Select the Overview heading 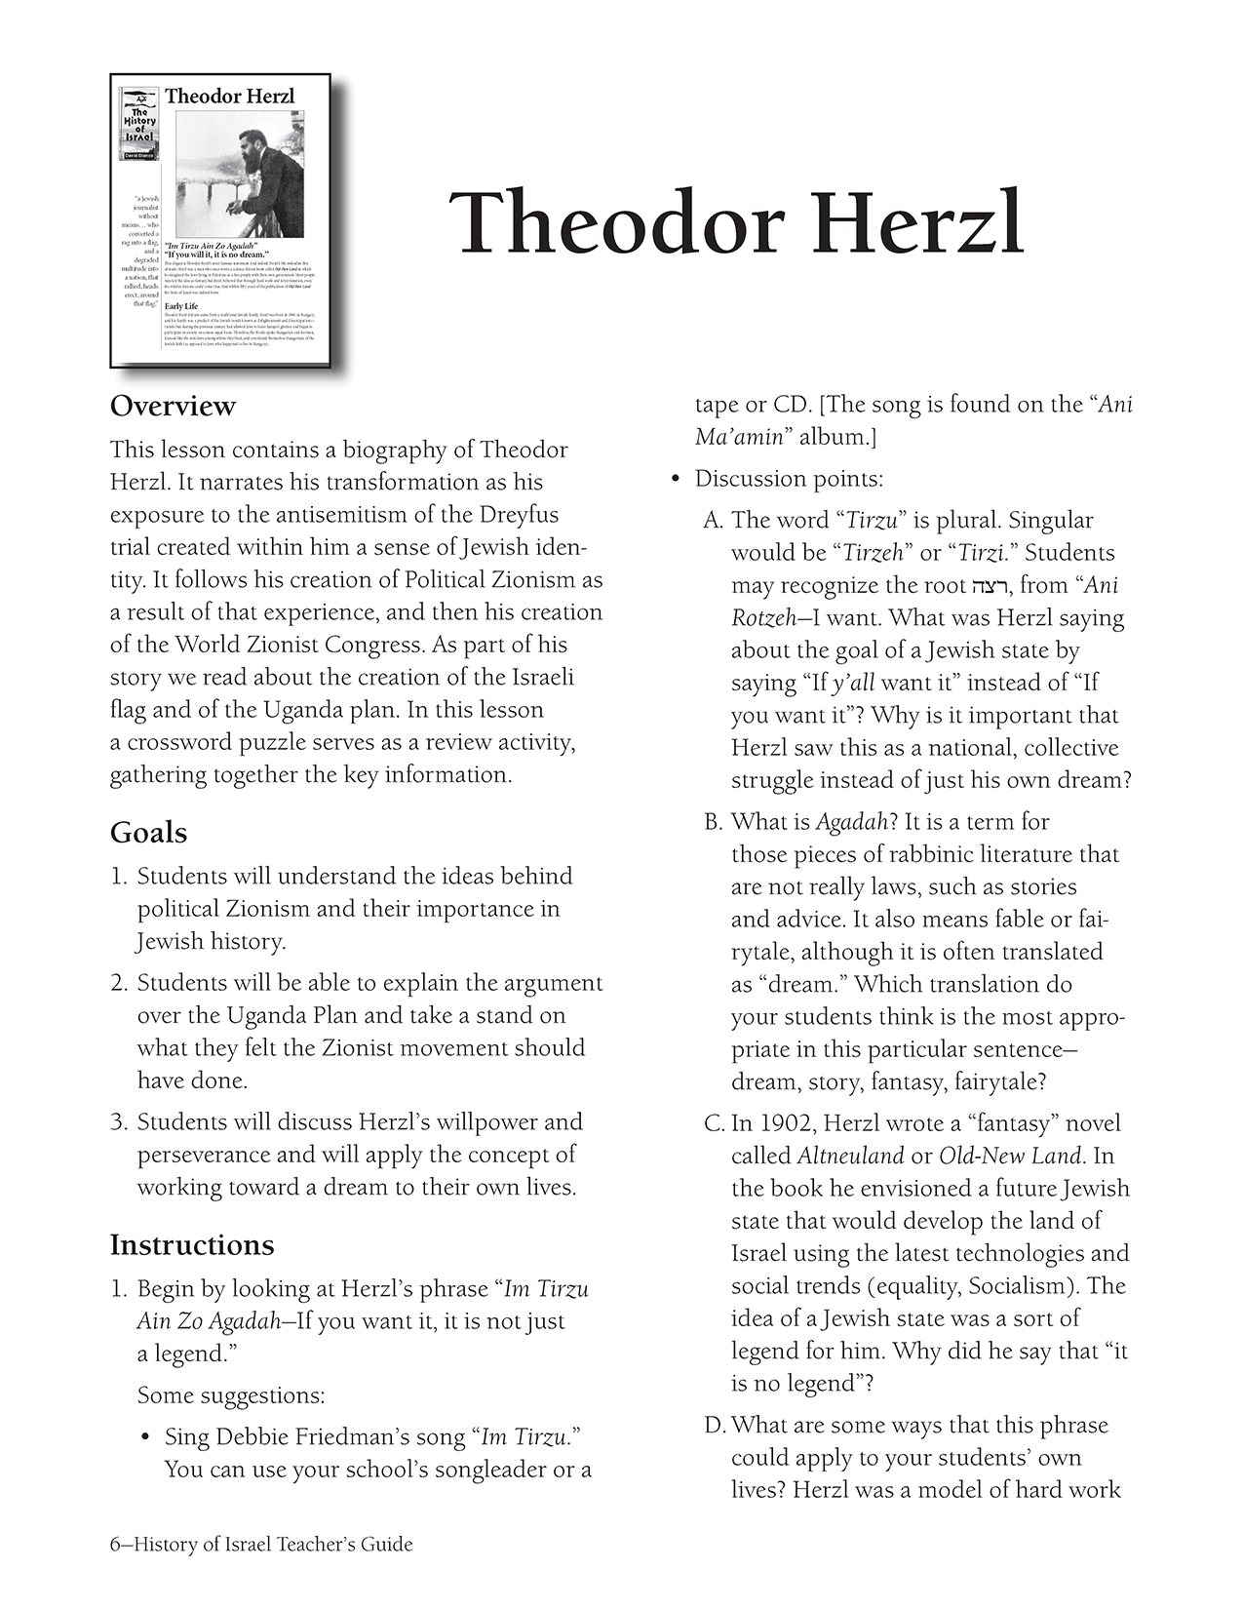pos(173,406)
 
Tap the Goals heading pos(148,832)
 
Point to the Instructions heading pos(192,1244)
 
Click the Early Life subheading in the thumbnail pos(181,306)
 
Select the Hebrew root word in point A pos(991,586)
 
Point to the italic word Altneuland pos(850,1157)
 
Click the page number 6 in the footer pos(115,1545)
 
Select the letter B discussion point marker pos(713,822)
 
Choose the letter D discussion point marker pos(714,1426)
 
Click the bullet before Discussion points pos(674,480)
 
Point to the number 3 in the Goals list pos(118,1121)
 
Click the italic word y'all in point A pos(853,683)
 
